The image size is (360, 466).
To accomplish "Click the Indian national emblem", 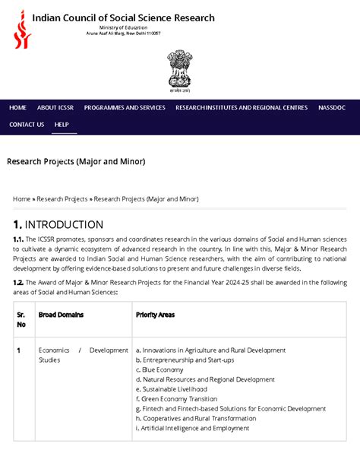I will pyautogui.click(x=179, y=72).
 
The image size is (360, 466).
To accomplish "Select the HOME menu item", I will pyautogui.click(x=17, y=108).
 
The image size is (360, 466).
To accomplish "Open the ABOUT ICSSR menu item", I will pyautogui.click(x=55, y=108).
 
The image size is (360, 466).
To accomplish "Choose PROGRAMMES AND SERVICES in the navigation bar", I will pyautogui.click(x=125, y=108).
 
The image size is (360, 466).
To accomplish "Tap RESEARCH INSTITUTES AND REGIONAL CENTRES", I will pyautogui.click(x=242, y=108).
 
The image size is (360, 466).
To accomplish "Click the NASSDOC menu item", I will pyautogui.click(x=332, y=108).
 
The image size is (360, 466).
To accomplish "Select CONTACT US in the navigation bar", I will pyautogui.click(x=27, y=125).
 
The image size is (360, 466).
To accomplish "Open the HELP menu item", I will pyautogui.click(x=62, y=125).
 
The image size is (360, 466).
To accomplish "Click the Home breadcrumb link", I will pyautogui.click(x=21, y=199).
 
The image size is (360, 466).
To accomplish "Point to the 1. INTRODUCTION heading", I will pyautogui.click(x=58, y=225).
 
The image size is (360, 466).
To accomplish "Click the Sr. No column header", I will pyautogui.click(x=21, y=319).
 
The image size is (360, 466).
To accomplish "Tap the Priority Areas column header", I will pyautogui.click(x=155, y=314).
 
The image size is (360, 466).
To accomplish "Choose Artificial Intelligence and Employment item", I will pyautogui.click(x=192, y=429).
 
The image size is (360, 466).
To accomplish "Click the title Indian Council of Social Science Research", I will pyautogui.click(x=123, y=17).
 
